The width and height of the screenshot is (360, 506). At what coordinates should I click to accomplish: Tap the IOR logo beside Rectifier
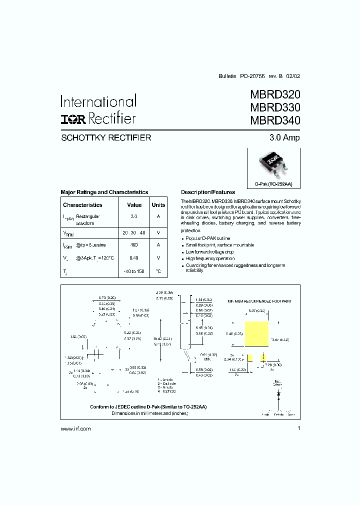[73, 118]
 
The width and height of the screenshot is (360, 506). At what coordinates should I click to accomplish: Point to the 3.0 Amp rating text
[284, 137]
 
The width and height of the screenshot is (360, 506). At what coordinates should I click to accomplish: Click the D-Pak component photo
[273, 164]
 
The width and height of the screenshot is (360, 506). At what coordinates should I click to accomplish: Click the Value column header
[134, 205]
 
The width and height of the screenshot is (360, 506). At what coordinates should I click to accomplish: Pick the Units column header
[158, 205]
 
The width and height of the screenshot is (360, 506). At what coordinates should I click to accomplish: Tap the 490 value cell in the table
[134, 245]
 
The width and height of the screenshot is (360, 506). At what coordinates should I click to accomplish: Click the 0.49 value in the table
[134, 258]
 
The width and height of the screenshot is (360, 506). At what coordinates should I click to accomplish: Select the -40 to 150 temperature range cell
[134, 271]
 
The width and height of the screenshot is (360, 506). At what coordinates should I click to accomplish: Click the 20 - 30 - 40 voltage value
[134, 233]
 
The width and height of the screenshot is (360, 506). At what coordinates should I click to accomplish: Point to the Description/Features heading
[207, 192]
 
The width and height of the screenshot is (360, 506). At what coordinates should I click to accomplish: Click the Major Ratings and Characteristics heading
[104, 192]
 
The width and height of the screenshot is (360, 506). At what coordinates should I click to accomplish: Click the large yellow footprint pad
[256, 334]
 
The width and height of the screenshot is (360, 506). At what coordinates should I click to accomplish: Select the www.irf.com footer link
[75, 429]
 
